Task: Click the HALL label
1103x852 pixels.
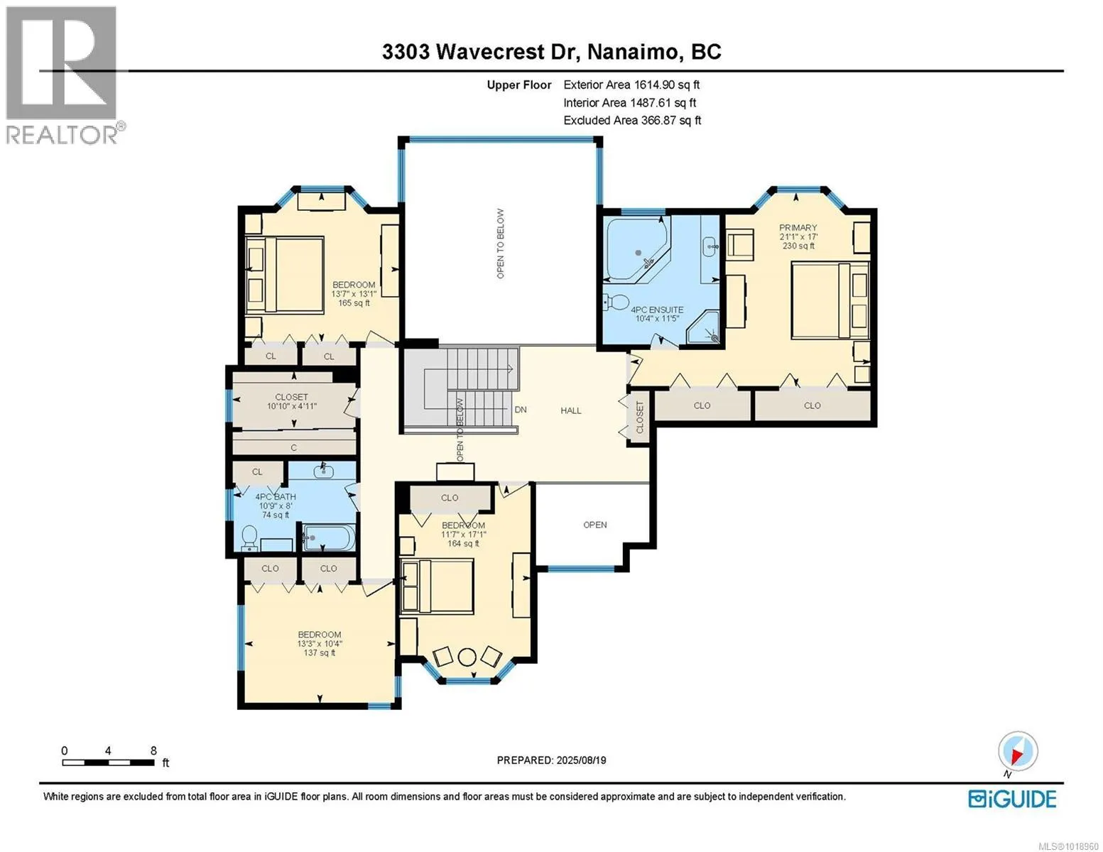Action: pos(570,410)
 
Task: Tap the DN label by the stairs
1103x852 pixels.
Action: pos(521,410)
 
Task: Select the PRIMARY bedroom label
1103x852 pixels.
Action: pos(798,227)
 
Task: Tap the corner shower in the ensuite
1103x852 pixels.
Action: pos(704,327)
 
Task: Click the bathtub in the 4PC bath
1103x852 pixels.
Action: pos(329,537)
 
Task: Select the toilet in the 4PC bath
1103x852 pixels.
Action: pos(249,538)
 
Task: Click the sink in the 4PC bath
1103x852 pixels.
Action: pos(323,472)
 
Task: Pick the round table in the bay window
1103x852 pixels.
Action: pos(467,657)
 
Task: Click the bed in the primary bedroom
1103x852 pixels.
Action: pos(830,300)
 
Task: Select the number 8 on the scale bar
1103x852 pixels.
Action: pos(154,750)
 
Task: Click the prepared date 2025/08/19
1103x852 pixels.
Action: pos(581,760)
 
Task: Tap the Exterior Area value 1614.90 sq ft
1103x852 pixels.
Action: pos(665,84)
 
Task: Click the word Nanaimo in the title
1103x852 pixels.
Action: pos(633,52)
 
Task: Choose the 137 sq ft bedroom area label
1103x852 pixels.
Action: pos(320,652)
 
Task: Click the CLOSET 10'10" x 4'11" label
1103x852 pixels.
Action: pos(292,401)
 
